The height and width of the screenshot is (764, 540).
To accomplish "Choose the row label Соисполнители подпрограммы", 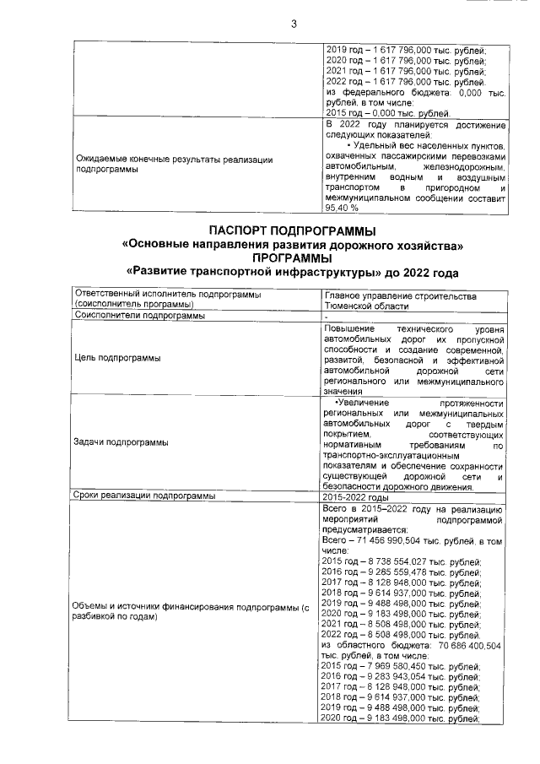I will [x=139, y=316].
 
